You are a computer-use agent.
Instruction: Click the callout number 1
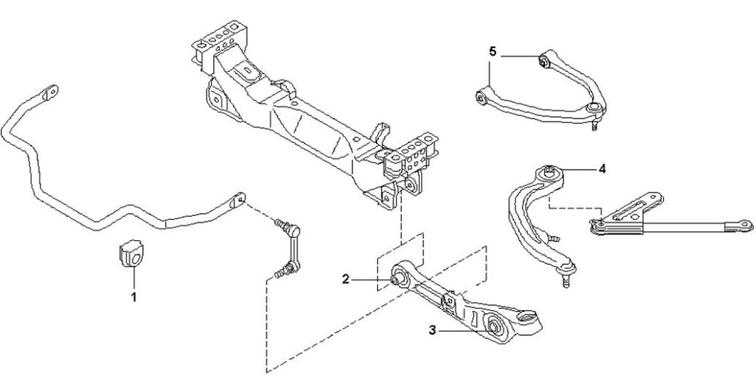pos(134,297)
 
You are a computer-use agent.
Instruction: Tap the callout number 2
pos(345,279)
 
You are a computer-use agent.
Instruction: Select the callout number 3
pos(432,331)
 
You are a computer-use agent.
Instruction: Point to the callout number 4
pos(603,168)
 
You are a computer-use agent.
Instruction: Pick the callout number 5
pos(492,51)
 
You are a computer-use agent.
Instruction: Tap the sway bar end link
pos(288,248)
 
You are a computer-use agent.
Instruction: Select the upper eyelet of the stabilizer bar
pos(50,92)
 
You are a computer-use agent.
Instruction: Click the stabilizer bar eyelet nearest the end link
pos(239,199)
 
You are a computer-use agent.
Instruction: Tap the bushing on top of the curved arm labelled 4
pos(549,171)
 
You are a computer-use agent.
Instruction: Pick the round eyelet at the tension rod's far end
pos(745,224)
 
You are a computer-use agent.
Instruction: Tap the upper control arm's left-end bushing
pos(481,97)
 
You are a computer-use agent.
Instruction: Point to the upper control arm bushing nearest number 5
pos(543,61)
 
